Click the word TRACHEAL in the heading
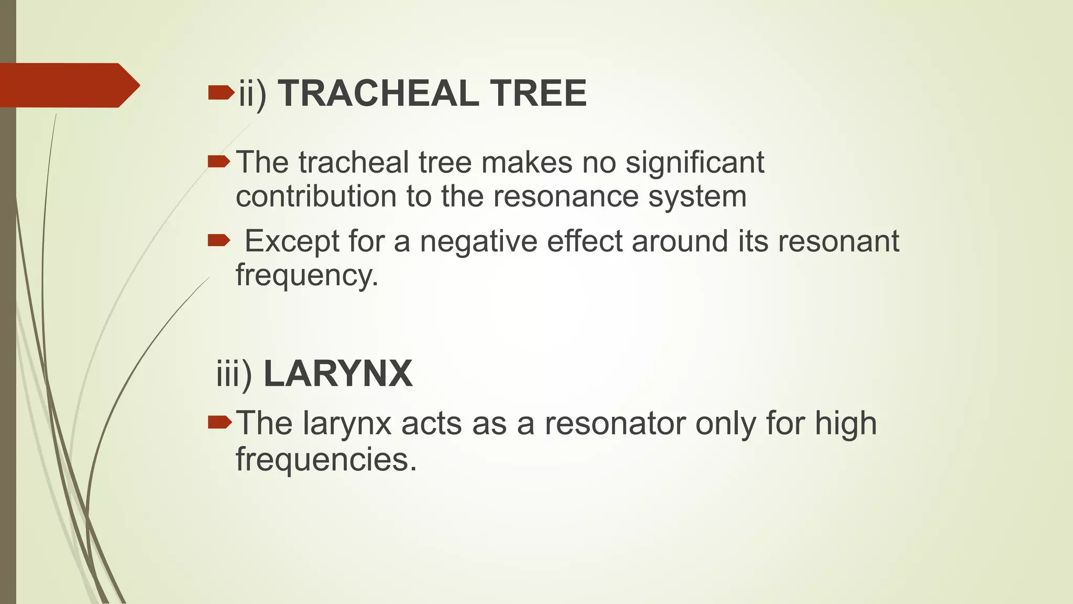point(378,93)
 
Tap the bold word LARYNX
point(338,374)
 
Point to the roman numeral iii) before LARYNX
point(234,374)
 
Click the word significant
point(695,163)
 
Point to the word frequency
point(306,275)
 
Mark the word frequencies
point(326,459)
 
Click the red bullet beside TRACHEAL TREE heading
point(220,93)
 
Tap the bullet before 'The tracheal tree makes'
point(218,162)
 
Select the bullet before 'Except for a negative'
point(218,241)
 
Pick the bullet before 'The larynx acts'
point(219,422)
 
